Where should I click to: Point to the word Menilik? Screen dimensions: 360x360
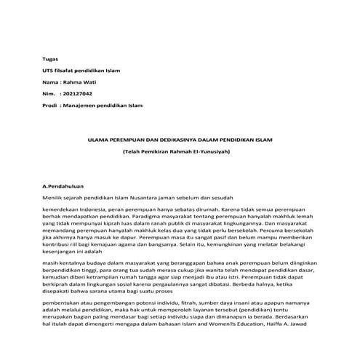coord(55,198)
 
